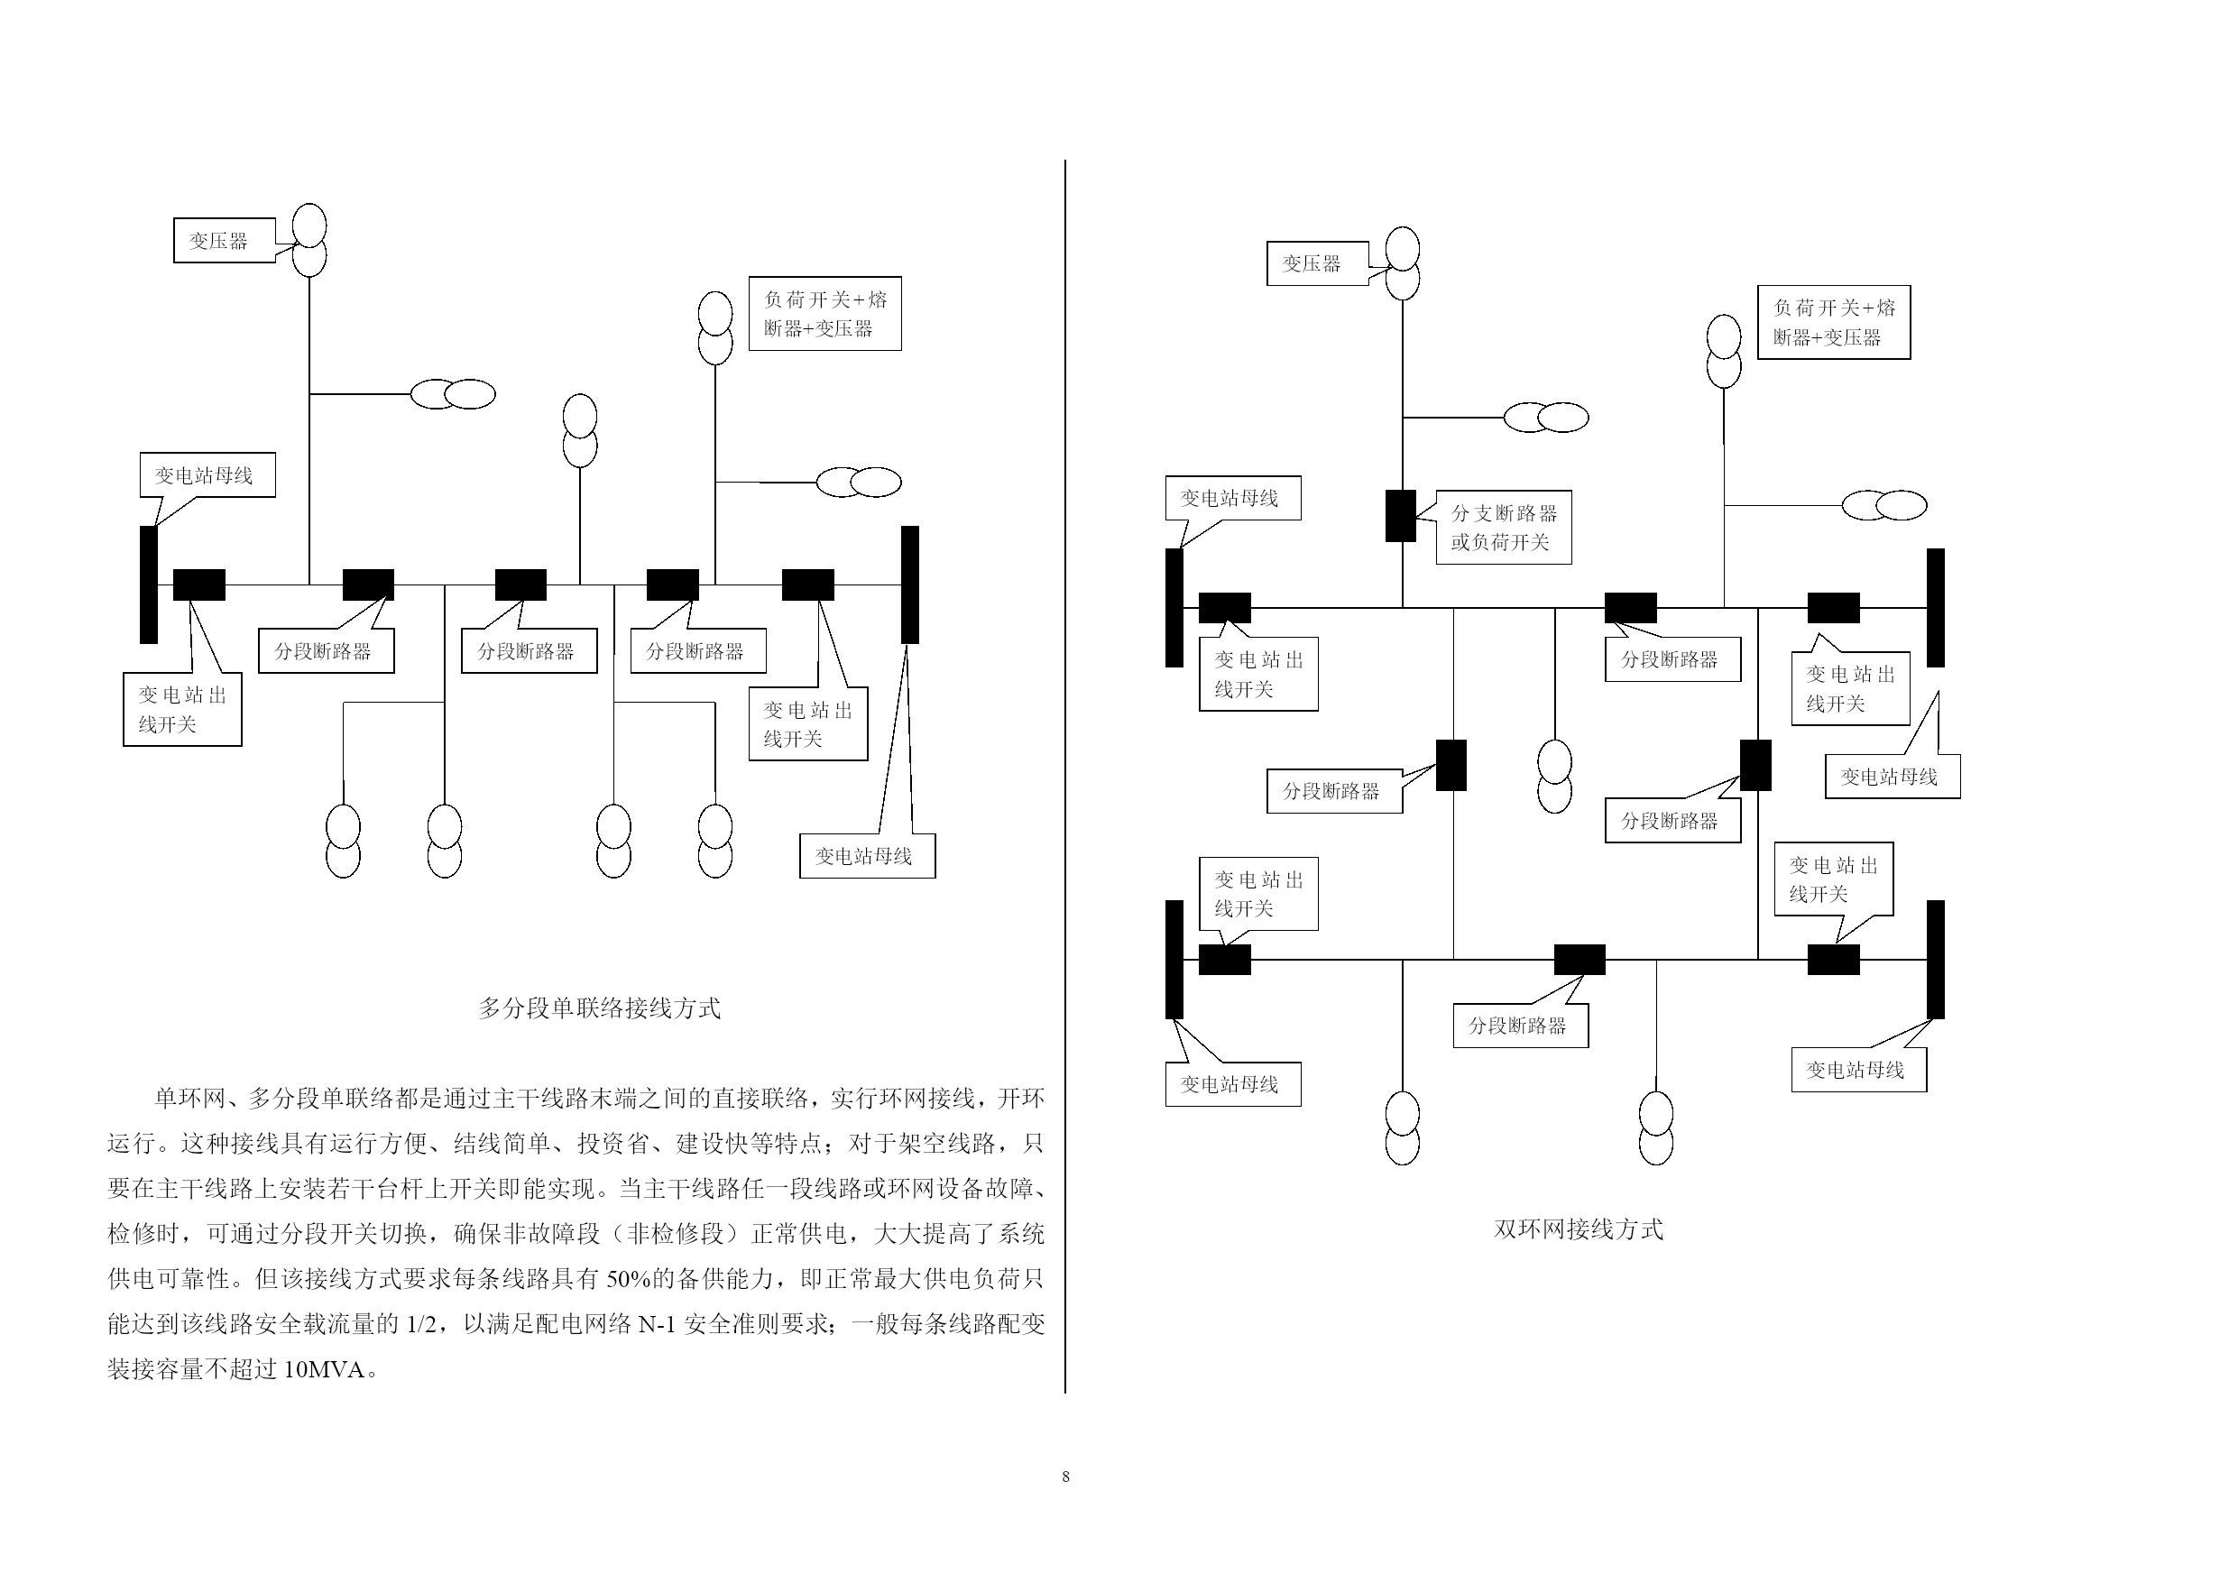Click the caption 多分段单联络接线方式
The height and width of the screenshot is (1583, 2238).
600,1008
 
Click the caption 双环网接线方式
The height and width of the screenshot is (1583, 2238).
1578,1229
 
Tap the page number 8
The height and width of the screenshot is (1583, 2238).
1065,1477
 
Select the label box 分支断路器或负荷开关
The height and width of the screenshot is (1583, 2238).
1504,528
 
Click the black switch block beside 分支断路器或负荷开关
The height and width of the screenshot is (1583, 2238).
1401,516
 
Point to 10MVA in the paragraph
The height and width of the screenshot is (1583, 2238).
324,1369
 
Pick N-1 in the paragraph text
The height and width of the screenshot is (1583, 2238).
656,1324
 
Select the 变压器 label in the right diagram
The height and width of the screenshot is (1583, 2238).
1317,263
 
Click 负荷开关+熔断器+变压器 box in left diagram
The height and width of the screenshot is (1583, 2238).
824,314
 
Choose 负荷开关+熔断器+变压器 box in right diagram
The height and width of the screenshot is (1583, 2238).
1834,323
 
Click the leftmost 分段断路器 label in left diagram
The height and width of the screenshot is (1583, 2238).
327,651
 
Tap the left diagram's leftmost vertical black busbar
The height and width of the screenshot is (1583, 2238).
148,584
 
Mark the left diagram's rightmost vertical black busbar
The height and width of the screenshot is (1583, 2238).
909,584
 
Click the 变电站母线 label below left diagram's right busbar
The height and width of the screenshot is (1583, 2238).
868,856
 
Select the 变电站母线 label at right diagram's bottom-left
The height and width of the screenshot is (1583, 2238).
1233,1084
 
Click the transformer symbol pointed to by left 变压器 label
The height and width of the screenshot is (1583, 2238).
310,240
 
